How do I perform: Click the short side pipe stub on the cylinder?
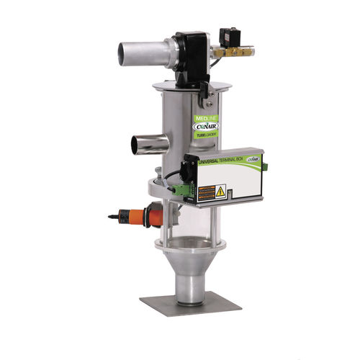tap(141, 144)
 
